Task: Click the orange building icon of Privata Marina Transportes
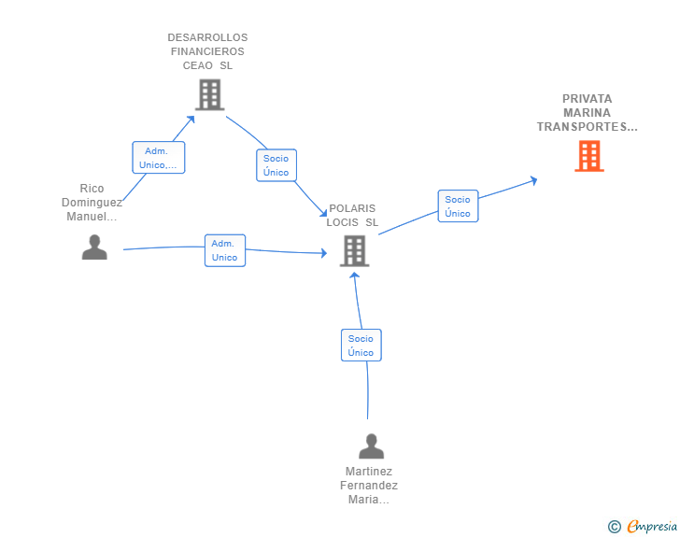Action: pyautogui.click(x=588, y=156)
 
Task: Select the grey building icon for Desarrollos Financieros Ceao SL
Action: pyautogui.click(x=209, y=94)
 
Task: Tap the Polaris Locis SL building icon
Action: pyautogui.click(x=354, y=250)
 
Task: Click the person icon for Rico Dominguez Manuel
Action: pyautogui.click(x=94, y=247)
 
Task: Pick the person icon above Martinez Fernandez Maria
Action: pyautogui.click(x=371, y=446)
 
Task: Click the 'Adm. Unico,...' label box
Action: pyautogui.click(x=159, y=158)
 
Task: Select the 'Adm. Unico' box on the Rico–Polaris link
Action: pyautogui.click(x=224, y=250)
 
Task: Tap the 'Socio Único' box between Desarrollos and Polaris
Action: pyautogui.click(x=276, y=165)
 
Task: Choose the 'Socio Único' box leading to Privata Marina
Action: pyautogui.click(x=458, y=206)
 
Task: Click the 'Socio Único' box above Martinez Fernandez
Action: pyautogui.click(x=361, y=346)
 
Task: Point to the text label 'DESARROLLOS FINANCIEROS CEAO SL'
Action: pyautogui.click(x=207, y=51)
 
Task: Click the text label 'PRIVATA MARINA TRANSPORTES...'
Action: pyautogui.click(x=587, y=112)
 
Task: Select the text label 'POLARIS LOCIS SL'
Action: pyautogui.click(x=352, y=216)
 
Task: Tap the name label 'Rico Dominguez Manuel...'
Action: pyautogui.click(x=92, y=203)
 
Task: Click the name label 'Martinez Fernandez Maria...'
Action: pyautogui.click(x=369, y=486)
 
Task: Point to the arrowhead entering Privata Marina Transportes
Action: pyautogui.click(x=533, y=179)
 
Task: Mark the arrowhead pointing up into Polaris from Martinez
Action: pyautogui.click(x=355, y=276)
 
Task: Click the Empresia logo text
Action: pyautogui.click(x=652, y=527)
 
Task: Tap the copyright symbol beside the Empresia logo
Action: pyautogui.click(x=614, y=527)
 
